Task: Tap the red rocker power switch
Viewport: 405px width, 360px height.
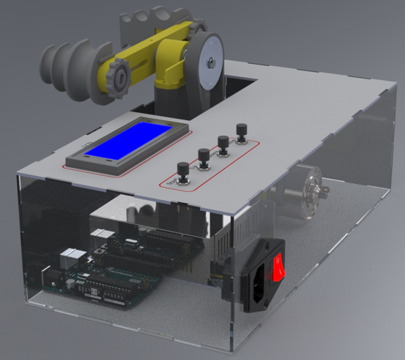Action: click(x=279, y=267)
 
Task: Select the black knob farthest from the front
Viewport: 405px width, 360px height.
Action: click(x=240, y=131)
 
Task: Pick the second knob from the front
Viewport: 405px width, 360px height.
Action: click(x=202, y=156)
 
